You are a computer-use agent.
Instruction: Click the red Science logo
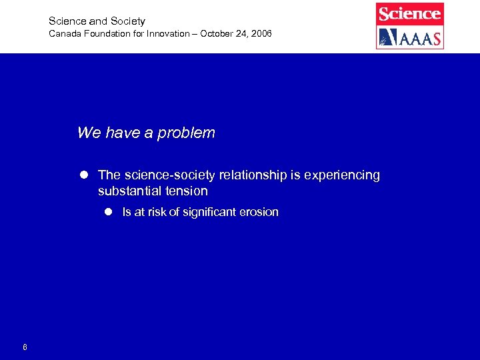(x=409, y=14)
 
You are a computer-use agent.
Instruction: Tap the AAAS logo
(x=409, y=37)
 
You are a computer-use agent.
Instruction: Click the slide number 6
(x=25, y=347)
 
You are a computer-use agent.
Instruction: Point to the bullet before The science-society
(x=85, y=175)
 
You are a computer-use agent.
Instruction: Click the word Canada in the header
(x=64, y=33)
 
